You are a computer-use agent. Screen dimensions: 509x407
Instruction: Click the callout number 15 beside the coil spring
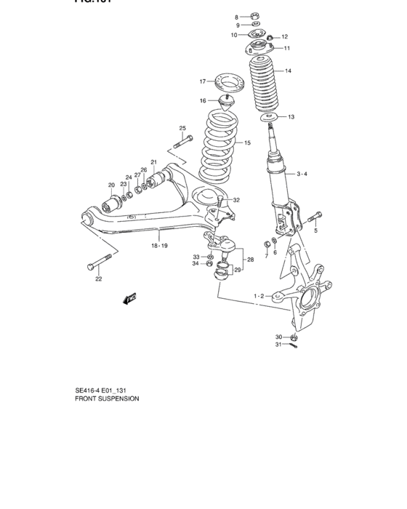(x=247, y=143)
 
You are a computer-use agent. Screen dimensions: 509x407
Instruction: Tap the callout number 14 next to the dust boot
(x=288, y=71)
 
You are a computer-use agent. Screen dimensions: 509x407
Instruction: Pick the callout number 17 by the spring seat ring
(x=203, y=81)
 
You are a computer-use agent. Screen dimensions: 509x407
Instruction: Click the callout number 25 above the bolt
(x=182, y=129)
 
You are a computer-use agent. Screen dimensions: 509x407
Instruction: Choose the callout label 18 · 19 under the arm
(x=158, y=246)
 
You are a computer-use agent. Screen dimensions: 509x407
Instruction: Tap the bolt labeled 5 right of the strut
(x=313, y=216)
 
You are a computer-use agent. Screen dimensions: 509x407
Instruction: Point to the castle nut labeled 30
(x=294, y=337)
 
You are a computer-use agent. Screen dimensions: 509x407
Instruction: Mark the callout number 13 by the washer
(x=291, y=117)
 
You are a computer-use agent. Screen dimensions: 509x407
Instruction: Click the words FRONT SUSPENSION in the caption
(x=107, y=398)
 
